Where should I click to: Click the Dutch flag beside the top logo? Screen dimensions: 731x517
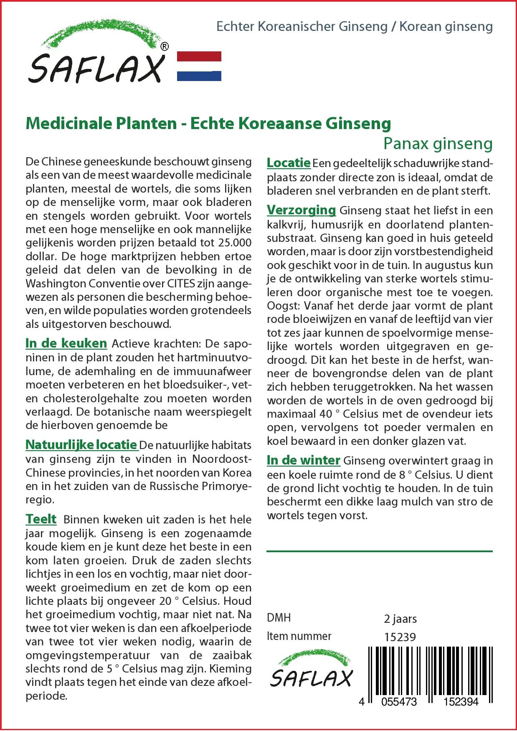[199, 66]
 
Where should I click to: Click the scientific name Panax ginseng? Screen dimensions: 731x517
[438, 144]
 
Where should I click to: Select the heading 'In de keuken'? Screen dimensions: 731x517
[66, 343]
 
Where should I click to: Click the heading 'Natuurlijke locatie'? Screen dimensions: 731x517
[81, 444]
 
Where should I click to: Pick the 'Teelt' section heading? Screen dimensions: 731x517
[41, 519]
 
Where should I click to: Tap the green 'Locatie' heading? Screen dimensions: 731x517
[288, 162]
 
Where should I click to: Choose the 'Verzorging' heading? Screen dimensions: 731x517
[301, 210]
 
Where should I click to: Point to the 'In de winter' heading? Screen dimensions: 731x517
[304, 460]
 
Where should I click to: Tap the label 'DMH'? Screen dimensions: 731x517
[279, 618]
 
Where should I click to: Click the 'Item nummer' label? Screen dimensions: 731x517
[299, 636]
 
